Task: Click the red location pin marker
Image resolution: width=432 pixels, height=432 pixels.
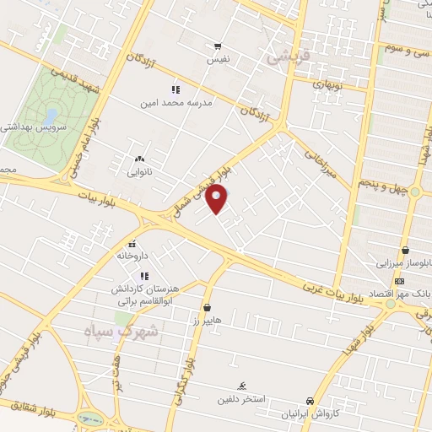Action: tap(218, 199)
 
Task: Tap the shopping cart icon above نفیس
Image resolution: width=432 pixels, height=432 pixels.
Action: tap(219, 46)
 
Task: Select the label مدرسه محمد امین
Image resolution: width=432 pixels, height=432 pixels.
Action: tap(175, 103)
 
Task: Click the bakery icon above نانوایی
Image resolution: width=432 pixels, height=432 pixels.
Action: tap(139, 159)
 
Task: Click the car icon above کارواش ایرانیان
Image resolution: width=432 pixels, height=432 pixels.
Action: tap(310, 402)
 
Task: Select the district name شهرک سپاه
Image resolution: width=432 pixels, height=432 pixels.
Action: tap(121, 331)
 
